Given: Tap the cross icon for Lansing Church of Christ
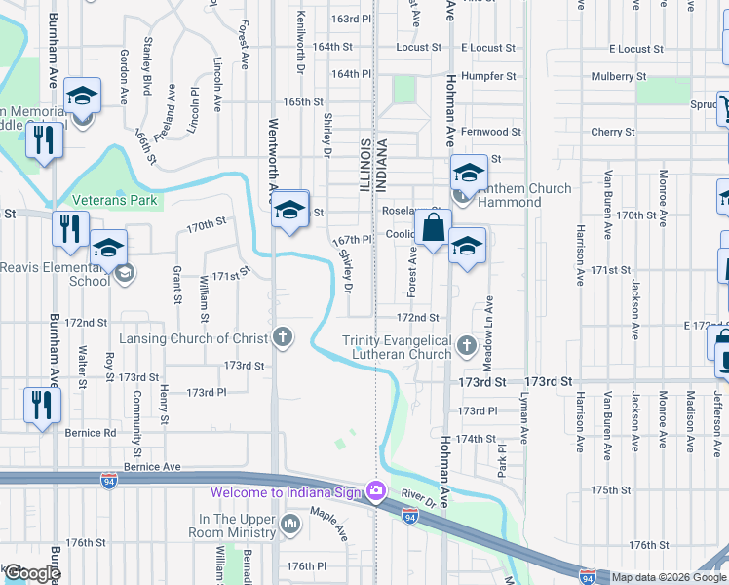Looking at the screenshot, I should [283, 337].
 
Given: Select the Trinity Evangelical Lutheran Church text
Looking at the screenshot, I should [397, 347].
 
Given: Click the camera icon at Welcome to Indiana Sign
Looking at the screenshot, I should [374, 490].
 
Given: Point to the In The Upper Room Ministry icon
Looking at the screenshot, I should [290, 526].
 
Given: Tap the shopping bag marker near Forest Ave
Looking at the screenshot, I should [433, 228].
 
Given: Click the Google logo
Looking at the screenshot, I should [32, 573].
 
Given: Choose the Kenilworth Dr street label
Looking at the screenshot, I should [300, 44].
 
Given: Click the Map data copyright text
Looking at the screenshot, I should [669, 577].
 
